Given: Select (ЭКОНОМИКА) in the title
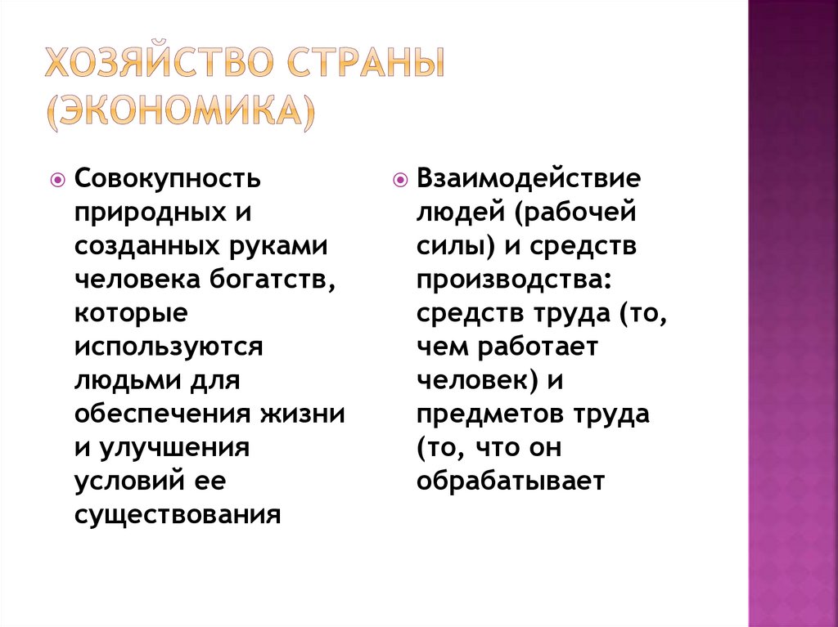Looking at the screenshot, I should pyautogui.click(x=179, y=111).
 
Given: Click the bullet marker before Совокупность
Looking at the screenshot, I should pyautogui.click(x=58, y=178).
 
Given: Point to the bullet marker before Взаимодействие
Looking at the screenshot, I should pyautogui.click(x=399, y=178).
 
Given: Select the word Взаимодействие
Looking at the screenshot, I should pyautogui.click(x=529, y=177).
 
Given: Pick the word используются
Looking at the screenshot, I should pyautogui.click(x=169, y=347).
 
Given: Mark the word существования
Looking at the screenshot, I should pyautogui.click(x=178, y=515).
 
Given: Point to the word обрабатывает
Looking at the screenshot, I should pyautogui.click(x=510, y=481).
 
